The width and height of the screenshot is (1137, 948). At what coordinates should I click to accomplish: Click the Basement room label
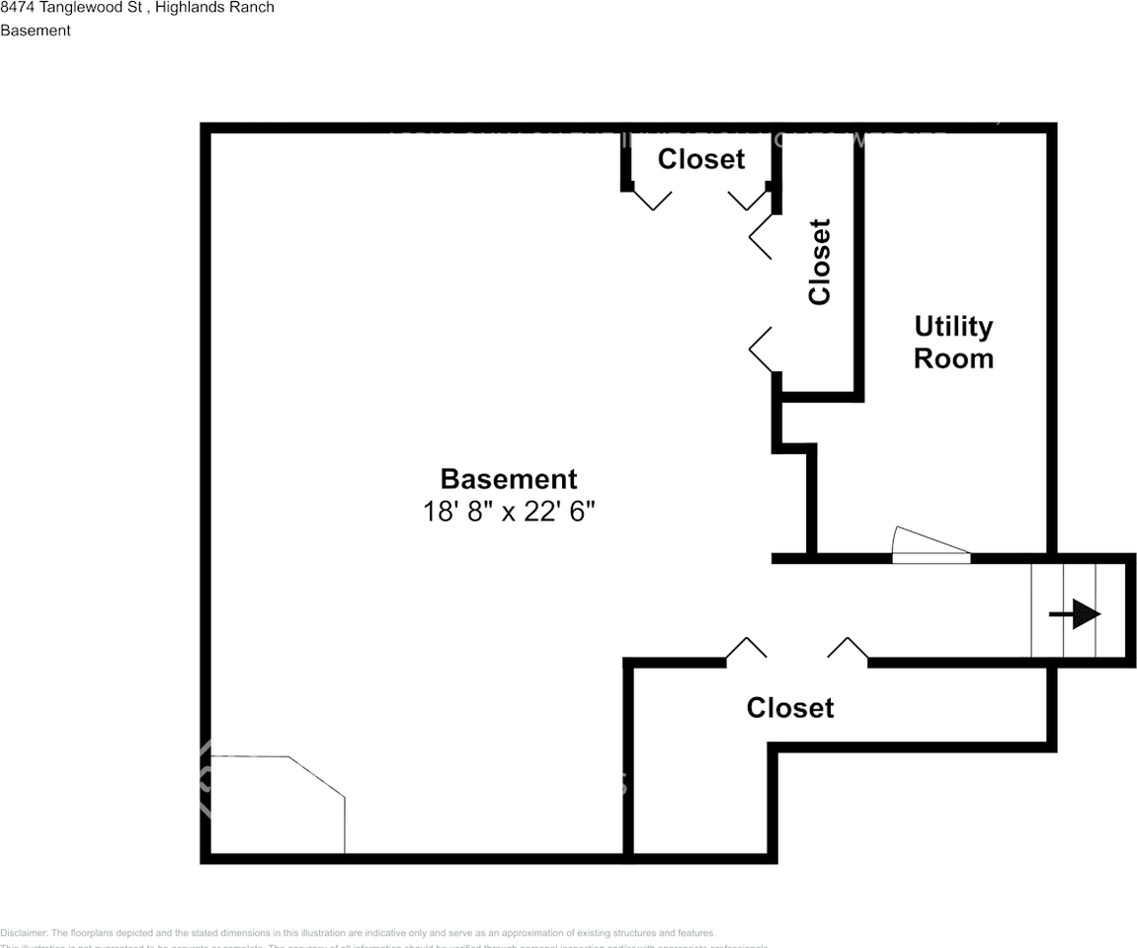point(508,479)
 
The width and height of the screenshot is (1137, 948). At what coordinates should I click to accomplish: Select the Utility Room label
point(953,342)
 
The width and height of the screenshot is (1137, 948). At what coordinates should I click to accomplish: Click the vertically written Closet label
point(819,262)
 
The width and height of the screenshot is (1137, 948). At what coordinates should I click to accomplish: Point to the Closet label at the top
point(701,159)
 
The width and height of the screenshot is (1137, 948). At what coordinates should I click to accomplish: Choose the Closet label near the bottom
point(790,708)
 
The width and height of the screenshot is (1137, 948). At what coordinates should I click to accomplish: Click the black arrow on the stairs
point(1076,615)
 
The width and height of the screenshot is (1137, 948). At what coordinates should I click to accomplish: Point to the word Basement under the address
point(36,31)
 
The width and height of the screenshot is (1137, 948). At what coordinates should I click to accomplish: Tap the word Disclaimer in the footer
point(23,933)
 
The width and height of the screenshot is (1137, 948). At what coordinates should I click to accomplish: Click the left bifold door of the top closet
point(651,198)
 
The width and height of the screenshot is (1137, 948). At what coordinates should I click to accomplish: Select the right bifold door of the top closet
point(749,198)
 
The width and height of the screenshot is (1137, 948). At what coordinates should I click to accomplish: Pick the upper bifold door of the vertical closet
point(761,237)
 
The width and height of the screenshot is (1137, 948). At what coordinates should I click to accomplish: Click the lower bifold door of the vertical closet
point(761,351)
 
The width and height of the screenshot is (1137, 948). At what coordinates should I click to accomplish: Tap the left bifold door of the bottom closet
point(747,648)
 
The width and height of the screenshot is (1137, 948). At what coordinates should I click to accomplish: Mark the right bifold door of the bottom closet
point(848,648)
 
